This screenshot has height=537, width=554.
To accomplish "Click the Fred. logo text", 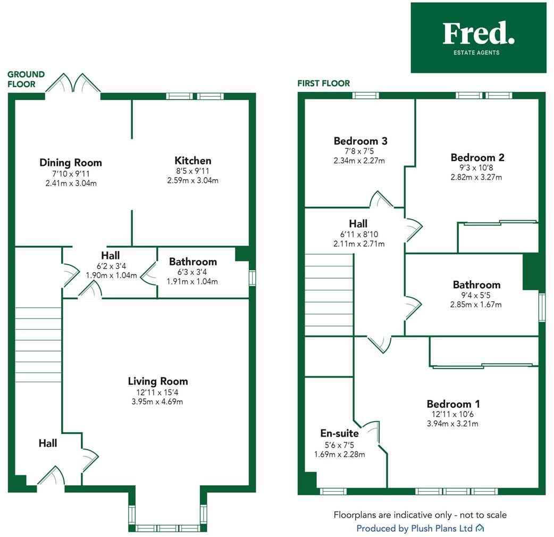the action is pyautogui.click(x=478, y=33).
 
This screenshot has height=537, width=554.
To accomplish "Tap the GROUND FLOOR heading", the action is pyautogui.click(x=26, y=79).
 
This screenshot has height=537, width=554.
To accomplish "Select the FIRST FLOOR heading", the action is pyautogui.click(x=323, y=83).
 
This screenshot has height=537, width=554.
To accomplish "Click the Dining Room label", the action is pyautogui.click(x=71, y=163).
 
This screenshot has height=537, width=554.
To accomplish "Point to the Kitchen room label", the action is pyautogui.click(x=192, y=161).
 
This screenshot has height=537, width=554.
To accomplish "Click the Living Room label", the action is pyautogui.click(x=158, y=381).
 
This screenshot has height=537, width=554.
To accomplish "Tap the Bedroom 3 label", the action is pyautogui.click(x=360, y=141).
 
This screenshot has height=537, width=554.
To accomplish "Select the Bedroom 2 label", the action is pyautogui.click(x=477, y=157).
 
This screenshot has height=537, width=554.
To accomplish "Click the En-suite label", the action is pyautogui.click(x=339, y=433).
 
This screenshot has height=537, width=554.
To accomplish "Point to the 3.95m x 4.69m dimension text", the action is pyautogui.click(x=158, y=401).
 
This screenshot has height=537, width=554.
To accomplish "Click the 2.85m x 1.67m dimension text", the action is pyautogui.click(x=476, y=305).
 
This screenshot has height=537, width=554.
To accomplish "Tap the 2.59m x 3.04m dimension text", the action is pyautogui.click(x=192, y=180).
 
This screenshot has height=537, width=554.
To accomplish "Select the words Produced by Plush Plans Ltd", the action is pyautogui.click(x=414, y=528).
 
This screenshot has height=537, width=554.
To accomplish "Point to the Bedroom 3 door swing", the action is pyautogui.click(x=381, y=199).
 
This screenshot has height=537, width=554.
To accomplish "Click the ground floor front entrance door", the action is pyautogui.click(x=51, y=476).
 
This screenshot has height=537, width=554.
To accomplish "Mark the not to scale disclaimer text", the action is pyautogui.click(x=420, y=515).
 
